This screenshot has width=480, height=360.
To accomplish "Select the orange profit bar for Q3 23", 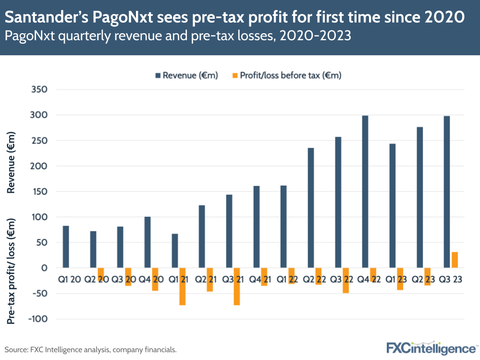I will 455,260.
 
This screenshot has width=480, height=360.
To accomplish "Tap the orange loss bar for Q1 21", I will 183,286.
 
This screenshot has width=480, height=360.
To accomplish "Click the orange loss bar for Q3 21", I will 237,286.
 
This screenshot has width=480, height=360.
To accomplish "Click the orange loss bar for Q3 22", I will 345,280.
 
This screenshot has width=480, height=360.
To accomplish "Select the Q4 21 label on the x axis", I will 260,279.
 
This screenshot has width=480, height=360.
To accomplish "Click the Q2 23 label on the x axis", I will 423,279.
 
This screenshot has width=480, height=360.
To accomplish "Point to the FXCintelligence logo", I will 431,348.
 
